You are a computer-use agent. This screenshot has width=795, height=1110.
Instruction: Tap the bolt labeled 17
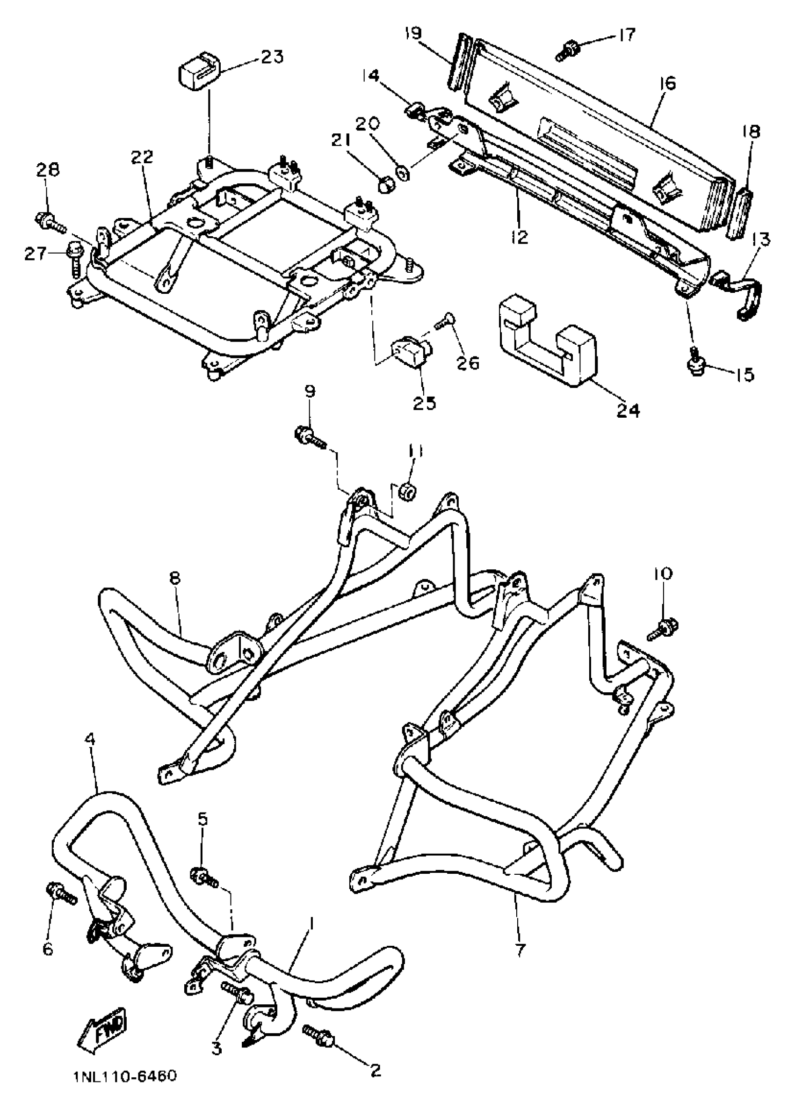click(568, 50)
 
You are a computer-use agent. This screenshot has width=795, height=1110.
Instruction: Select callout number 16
click(667, 83)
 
